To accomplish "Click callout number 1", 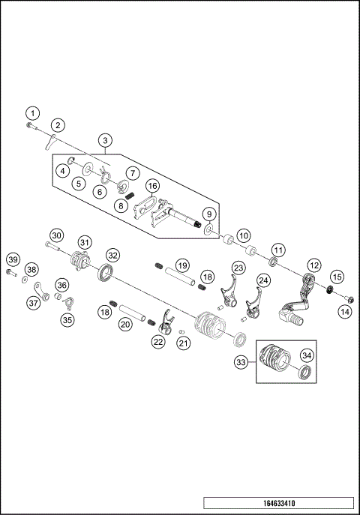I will click(x=31, y=112).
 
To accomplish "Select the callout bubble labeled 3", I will click(x=105, y=140).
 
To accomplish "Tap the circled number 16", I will click(x=152, y=186).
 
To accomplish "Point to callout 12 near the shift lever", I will click(x=314, y=265).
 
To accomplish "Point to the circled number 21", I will click(x=182, y=343).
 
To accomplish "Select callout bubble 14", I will click(x=345, y=311).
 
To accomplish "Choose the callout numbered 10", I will click(x=243, y=235).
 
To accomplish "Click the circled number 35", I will click(x=67, y=320).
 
